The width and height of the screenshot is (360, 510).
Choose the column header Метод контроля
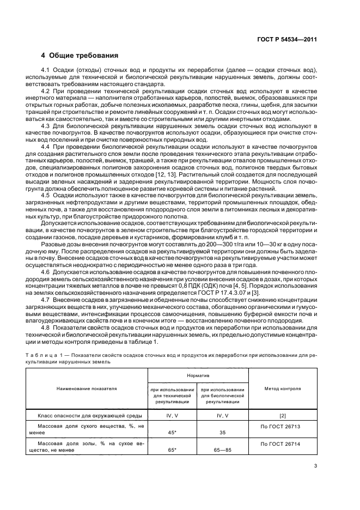(282, 389)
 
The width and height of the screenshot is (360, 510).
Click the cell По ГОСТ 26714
(282, 444)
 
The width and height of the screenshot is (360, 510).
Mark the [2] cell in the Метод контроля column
(282, 415)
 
